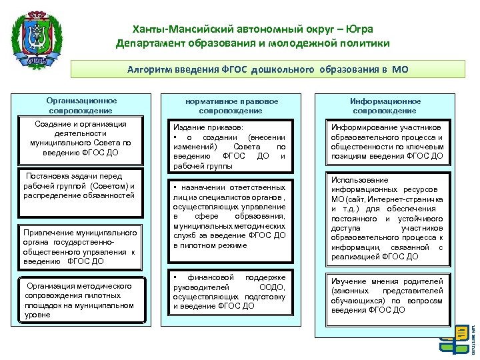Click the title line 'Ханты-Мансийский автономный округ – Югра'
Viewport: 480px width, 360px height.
[x=252, y=29]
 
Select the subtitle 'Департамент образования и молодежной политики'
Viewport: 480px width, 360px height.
[x=252, y=43]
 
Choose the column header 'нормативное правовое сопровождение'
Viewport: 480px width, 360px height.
[x=232, y=105]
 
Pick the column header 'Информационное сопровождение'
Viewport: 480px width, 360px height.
[x=385, y=105]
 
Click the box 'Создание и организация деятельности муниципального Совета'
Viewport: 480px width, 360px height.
[x=81, y=139]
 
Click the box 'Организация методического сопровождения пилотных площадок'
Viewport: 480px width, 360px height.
[x=81, y=299]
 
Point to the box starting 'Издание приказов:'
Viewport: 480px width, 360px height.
[x=229, y=145]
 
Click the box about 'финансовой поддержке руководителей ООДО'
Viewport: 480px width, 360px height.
[x=229, y=292]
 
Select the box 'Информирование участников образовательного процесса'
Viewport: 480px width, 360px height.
[x=387, y=141]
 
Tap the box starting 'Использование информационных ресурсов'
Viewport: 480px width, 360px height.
[x=387, y=217]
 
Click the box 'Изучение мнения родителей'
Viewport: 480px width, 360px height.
[x=387, y=295]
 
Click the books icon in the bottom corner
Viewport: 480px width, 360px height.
[x=455, y=340]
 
